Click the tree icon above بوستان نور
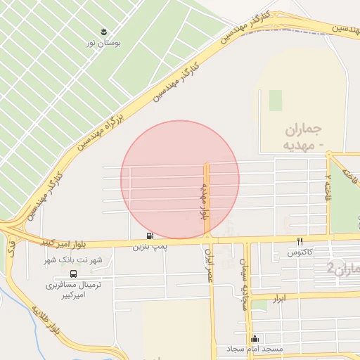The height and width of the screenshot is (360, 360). [x=104, y=32]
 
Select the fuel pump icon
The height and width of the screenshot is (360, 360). [x=149, y=236]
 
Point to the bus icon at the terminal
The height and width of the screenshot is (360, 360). [x=74, y=274]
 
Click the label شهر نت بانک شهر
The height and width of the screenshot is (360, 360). [x=74, y=260]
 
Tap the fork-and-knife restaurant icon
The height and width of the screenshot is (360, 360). [x=300, y=240]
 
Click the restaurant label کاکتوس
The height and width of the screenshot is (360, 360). [x=300, y=251]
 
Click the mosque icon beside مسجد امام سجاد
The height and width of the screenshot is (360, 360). [x=255, y=338]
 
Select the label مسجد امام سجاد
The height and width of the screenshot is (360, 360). [x=255, y=349]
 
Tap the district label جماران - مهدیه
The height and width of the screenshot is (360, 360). [x=304, y=138]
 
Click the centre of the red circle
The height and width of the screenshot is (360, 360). [x=180, y=179]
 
